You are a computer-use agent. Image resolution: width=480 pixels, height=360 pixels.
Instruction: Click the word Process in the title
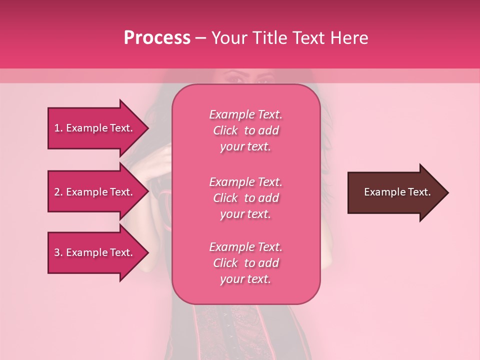[x=157, y=38]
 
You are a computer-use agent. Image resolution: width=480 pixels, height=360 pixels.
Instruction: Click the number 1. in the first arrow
[x=58, y=128]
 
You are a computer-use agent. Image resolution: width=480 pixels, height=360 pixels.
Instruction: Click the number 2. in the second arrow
[x=58, y=192]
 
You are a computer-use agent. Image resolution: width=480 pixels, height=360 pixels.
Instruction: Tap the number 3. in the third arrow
[x=58, y=253]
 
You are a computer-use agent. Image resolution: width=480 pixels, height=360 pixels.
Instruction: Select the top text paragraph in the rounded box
[x=245, y=130]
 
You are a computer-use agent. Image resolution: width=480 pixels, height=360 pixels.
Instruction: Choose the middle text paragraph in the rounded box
[x=245, y=198]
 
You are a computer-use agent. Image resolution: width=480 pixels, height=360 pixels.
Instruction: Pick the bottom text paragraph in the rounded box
[x=245, y=263]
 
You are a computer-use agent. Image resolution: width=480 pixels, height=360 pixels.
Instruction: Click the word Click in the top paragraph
[x=225, y=130]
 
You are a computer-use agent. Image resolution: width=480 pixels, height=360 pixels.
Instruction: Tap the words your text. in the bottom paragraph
[x=245, y=279]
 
